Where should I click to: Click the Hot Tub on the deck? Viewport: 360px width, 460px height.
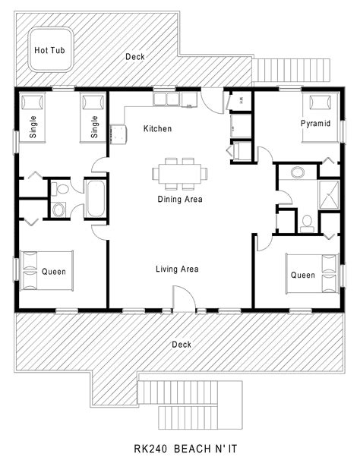coord(50,49)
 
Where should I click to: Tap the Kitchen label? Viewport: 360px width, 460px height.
coord(158,128)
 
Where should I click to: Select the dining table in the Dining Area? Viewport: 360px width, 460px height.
coord(180,173)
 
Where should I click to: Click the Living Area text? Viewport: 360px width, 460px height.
coord(177,269)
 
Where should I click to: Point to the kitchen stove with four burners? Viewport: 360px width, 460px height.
coord(118,134)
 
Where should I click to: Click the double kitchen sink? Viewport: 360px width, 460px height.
coord(166,99)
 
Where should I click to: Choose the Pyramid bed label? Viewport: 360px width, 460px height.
coord(315,123)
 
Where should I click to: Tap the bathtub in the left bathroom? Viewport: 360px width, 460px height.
coord(96,199)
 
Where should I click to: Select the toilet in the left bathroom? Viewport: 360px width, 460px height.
coord(61,189)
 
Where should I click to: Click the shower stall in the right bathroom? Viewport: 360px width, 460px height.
coord(329,195)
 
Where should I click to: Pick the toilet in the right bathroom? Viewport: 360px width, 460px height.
coord(307,224)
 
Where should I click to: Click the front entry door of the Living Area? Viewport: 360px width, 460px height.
coord(184,298)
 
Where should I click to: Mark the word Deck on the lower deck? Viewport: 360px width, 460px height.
coord(182,344)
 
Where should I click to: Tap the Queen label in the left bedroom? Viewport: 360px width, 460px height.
coord(54,271)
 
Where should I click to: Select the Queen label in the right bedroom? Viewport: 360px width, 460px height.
coord(303,275)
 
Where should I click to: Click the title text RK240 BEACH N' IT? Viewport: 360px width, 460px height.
coord(185,449)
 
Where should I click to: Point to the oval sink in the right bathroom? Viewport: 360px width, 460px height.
coord(298,172)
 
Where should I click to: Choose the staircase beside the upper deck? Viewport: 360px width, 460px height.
coord(291,71)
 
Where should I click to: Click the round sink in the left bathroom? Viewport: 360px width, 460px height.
coord(58,210)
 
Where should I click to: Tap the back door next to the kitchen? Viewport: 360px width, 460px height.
coord(212,99)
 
